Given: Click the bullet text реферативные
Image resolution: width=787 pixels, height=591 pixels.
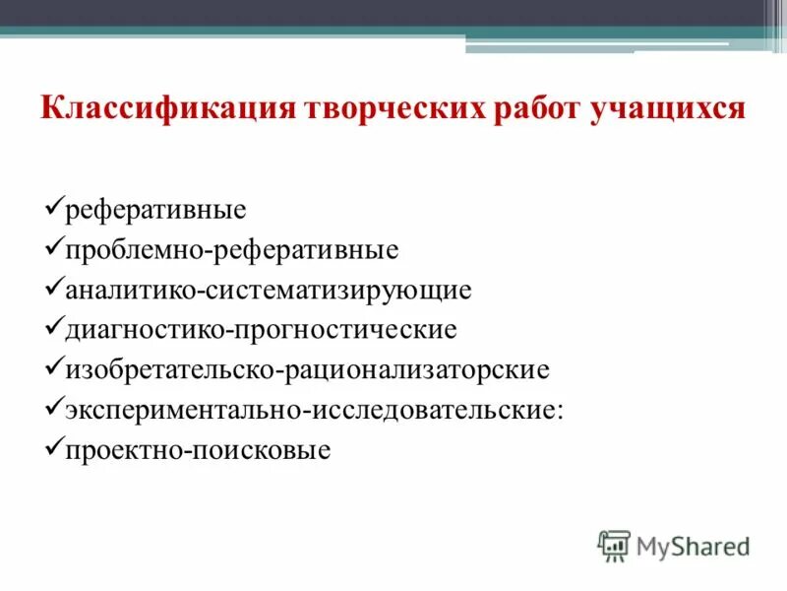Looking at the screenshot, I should click(x=155, y=210).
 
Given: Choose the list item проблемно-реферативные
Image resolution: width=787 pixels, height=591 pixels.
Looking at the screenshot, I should click(x=231, y=250).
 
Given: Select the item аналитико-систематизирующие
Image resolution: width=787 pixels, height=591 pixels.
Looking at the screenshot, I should click(x=269, y=291).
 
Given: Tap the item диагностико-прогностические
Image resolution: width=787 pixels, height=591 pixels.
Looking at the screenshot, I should click(x=261, y=330).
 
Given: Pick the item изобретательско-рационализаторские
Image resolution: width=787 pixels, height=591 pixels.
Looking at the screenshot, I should click(x=307, y=370).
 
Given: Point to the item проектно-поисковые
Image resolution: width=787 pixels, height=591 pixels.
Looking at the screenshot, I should click(x=198, y=451).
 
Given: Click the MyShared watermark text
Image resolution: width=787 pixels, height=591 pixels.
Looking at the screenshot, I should click(x=693, y=545).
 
